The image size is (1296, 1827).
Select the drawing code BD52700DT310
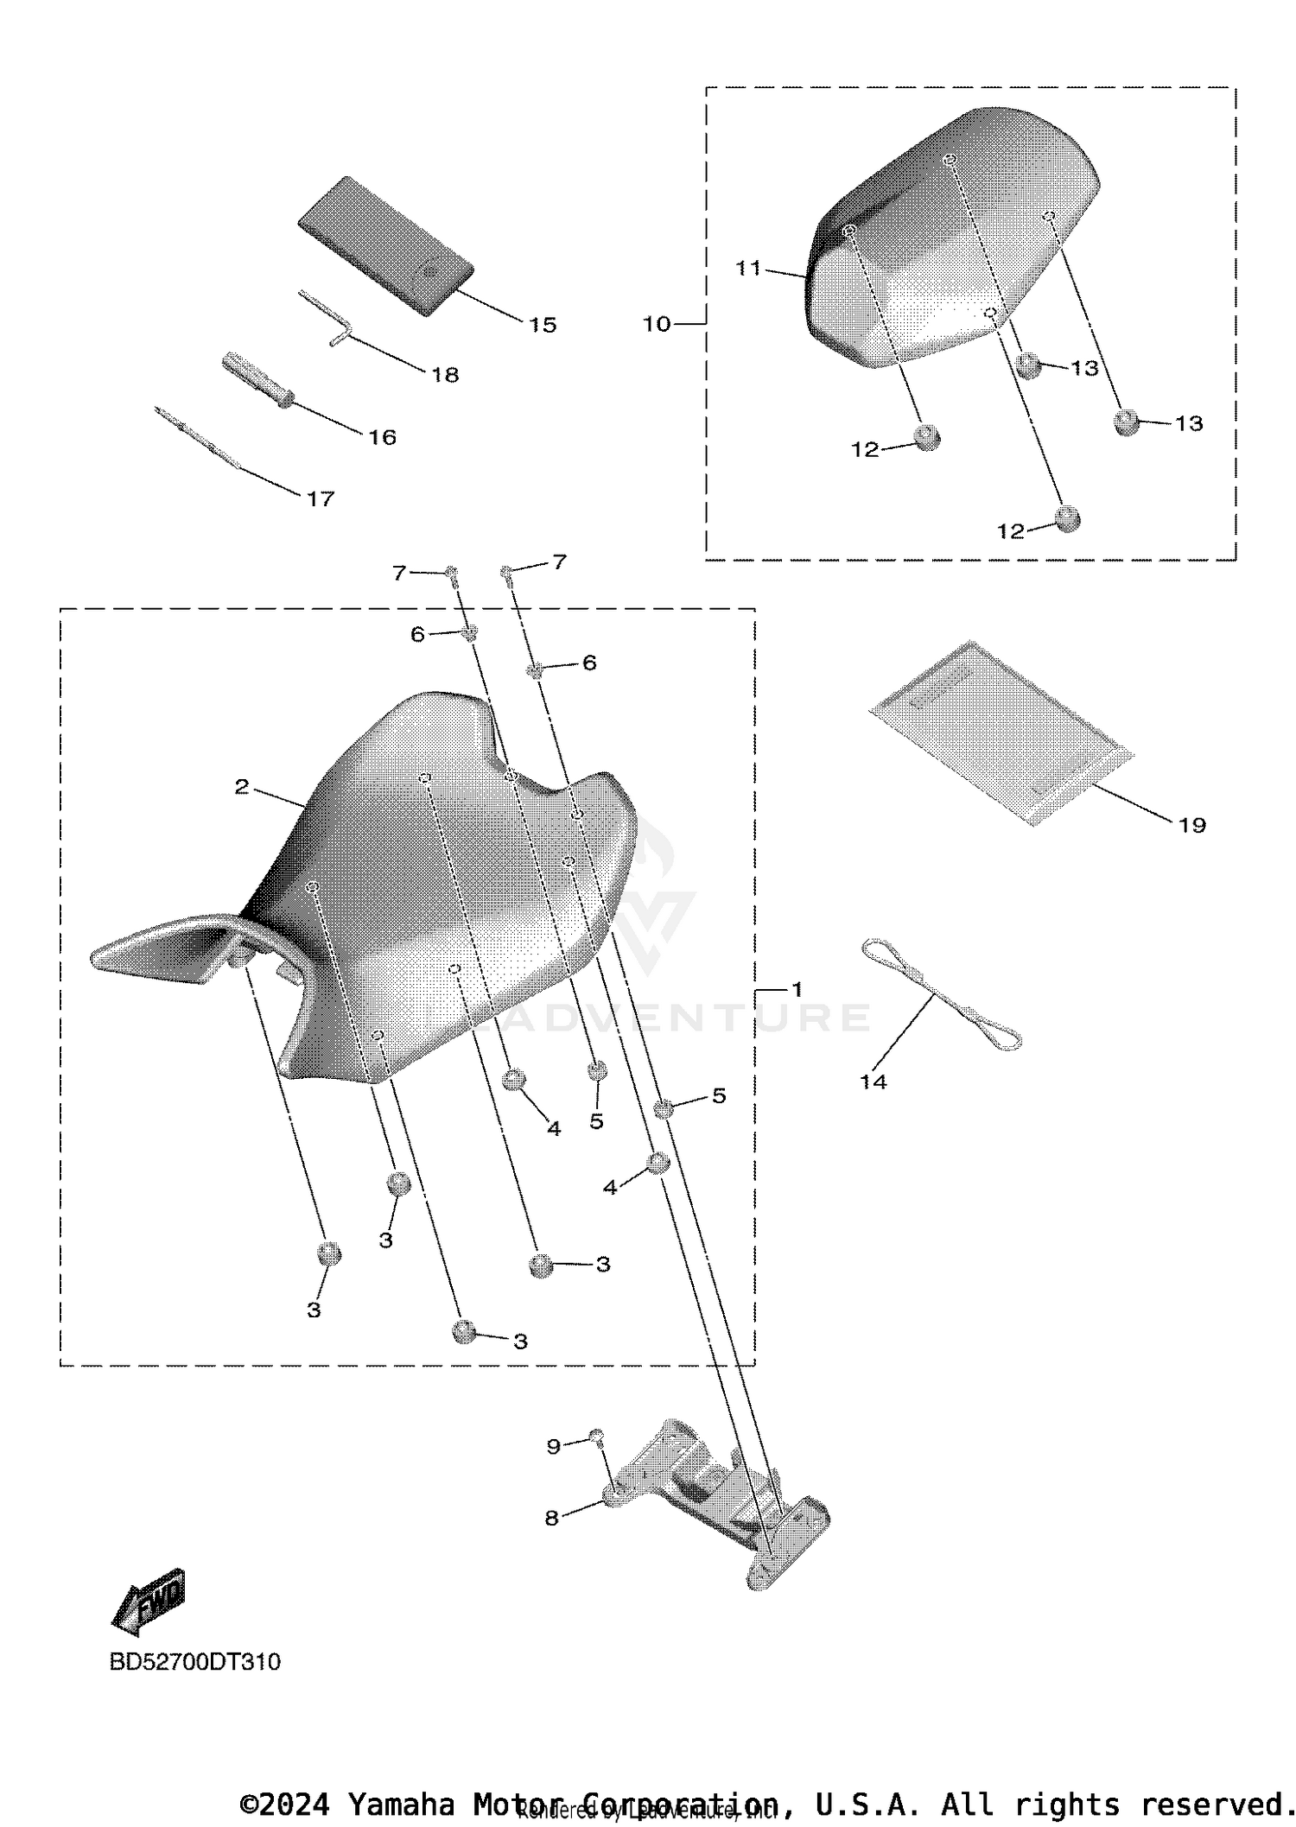pos(194,1662)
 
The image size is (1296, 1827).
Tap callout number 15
pos(543,325)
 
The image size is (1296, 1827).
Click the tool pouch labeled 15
pos(386,245)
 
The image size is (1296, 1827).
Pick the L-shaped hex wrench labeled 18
pos(328,319)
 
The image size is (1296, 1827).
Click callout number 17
pos(321,498)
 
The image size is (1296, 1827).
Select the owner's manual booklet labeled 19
pos(1001,730)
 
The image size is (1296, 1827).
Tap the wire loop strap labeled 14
pos(942,994)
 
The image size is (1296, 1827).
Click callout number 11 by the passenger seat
pos(748,269)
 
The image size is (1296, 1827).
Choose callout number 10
pos(657,324)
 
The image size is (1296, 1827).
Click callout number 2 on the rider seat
pos(242,787)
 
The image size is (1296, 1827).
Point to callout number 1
pos(797,989)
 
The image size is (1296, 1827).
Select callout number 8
pos(551,1518)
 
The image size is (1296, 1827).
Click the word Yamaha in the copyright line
pos(400,1805)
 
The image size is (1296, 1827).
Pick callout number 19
pos(1191,825)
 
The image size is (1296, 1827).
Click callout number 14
pos(873,1082)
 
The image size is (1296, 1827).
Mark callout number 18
pos(445,375)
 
